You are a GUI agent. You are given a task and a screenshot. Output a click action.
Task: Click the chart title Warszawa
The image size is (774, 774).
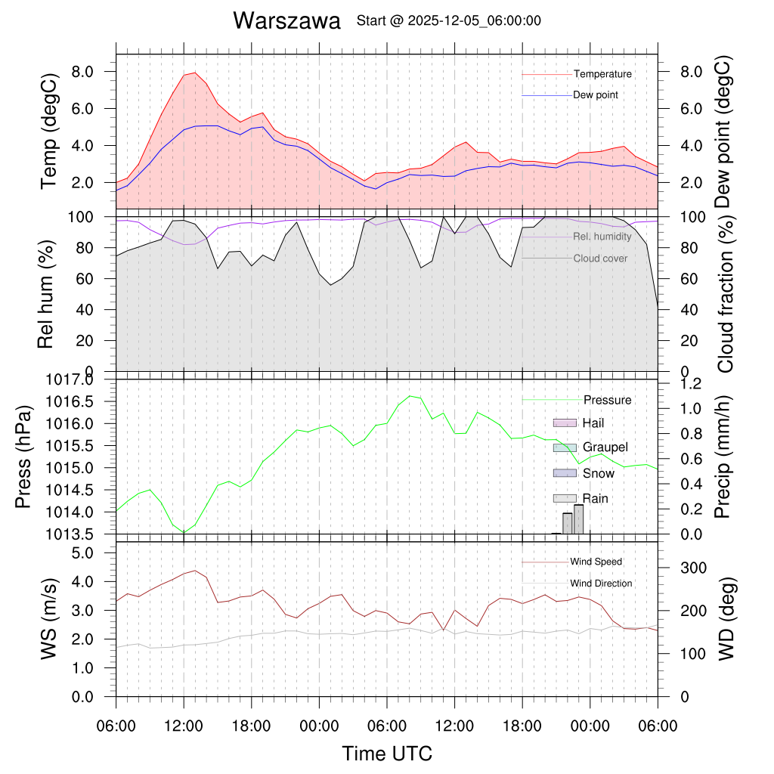click(286, 20)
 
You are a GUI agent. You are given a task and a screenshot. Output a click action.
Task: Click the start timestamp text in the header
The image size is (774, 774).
click(448, 21)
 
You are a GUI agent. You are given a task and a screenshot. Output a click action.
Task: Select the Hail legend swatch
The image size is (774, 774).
click(565, 423)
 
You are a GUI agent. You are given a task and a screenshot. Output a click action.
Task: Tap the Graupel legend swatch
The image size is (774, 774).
click(565, 447)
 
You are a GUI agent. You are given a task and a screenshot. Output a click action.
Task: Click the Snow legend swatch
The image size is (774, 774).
click(565, 473)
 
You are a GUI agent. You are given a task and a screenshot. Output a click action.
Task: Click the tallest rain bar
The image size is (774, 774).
click(578, 519)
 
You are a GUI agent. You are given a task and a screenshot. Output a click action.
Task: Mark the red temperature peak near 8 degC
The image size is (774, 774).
click(195, 73)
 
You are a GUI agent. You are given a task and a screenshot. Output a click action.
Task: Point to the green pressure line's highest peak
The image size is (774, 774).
click(410, 396)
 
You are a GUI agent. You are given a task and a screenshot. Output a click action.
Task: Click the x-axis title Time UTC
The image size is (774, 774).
click(387, 753)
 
